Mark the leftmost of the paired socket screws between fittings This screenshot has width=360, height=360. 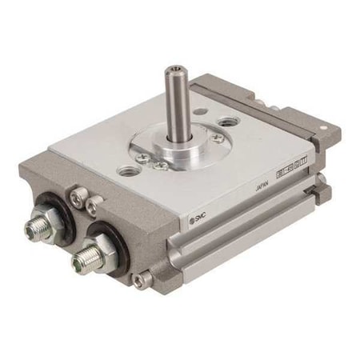click(x=77, y=194)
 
